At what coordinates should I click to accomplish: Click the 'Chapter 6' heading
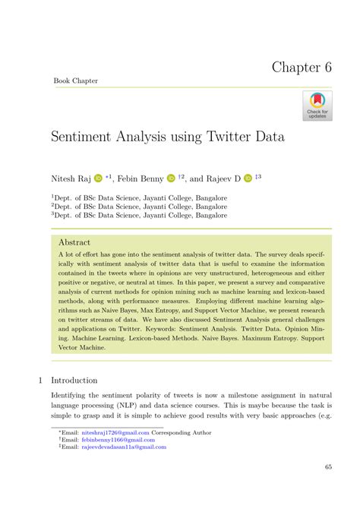[x=302, y=66]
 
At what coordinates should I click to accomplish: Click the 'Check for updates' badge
[x=317, y=106]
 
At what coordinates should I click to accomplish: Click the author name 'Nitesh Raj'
[x=71, y=179]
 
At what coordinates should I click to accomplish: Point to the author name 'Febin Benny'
[x=141, y=179]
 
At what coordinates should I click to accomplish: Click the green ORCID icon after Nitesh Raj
[x=98, y=179]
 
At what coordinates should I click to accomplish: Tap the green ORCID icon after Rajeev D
[x=248, y=179]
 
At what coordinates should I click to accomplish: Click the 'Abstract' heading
[x=74, y=242]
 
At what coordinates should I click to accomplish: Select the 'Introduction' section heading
[x=74, y=380]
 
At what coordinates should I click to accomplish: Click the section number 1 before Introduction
[x=39, y=380]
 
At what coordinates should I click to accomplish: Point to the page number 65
[x=327, y=467]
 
